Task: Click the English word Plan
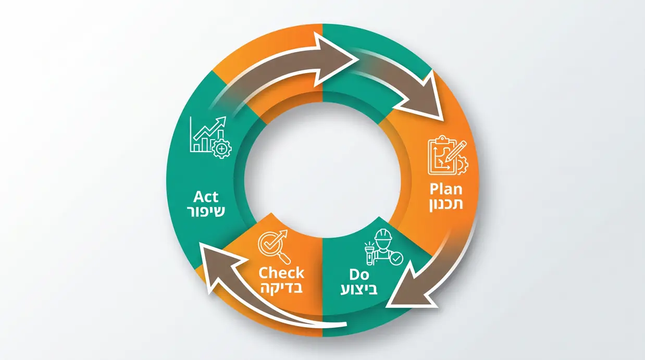pos(446,190)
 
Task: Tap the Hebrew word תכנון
pos(446,204)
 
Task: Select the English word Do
pos(359,275)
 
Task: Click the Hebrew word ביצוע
pos(359,289)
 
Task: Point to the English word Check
pos(281,273)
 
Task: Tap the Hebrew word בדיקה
pos(281,288)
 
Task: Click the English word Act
pos(206,197)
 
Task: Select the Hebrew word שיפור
pos(206,212)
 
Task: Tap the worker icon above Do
pos(384,247)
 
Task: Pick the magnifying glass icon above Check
pos(274,246)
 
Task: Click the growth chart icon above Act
pos(211,137)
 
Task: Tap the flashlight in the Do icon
pos(369,253)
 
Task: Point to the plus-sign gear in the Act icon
pos(221,149)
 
